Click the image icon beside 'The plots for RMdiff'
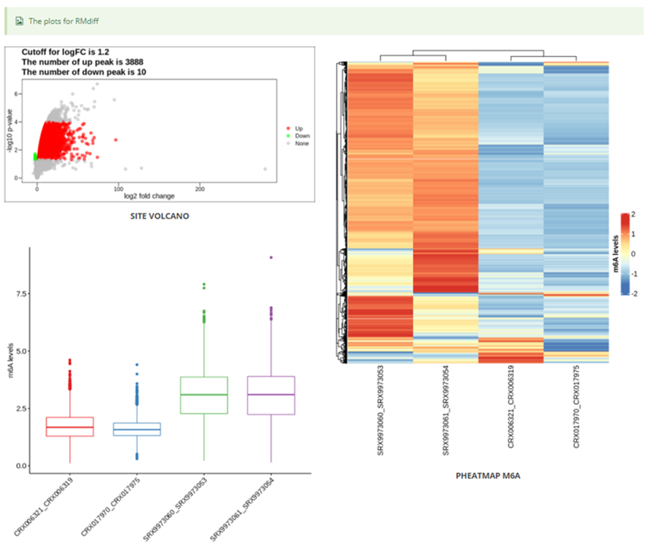(x=19, y=21)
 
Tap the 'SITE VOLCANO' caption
(x=160, y=216)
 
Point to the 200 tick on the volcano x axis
(x=201, y=188)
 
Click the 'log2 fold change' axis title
(x=149, y=196)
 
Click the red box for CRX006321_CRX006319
(x=70, y=426)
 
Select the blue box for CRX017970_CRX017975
(x=136, y=429)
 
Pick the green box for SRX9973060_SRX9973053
(x=203, y=395)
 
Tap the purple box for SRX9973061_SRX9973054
(x=270, y=395)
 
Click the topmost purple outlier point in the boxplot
(x=271, y=257)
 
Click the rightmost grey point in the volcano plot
(x=265, y=169)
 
